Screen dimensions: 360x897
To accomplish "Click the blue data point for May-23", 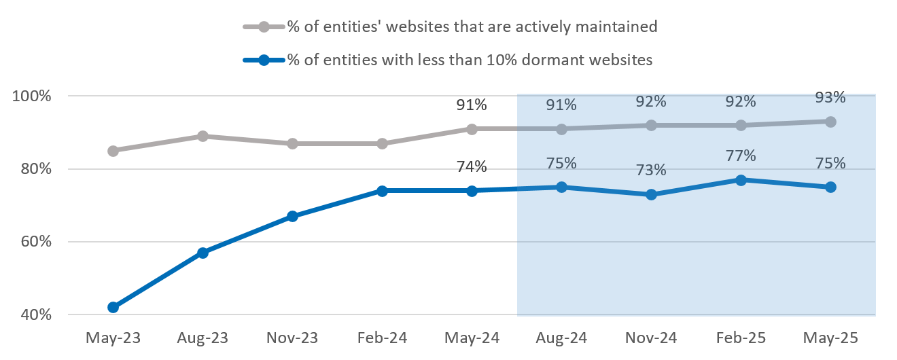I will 113,307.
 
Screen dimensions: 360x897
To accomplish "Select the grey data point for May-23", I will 113,151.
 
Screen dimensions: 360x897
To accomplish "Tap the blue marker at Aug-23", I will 203,253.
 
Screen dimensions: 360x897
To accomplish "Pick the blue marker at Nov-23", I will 292,216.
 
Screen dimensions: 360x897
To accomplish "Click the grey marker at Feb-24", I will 382,143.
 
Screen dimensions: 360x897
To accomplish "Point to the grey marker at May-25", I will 830,122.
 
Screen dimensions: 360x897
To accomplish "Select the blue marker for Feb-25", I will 741,180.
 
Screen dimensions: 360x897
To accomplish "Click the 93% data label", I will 830,98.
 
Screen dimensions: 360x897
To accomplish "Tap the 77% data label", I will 741,156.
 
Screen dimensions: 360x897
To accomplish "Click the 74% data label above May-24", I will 472,167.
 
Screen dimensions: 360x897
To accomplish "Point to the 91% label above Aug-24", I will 561,105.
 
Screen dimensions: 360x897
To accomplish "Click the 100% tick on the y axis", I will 32,96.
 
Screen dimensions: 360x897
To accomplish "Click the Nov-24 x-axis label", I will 651,338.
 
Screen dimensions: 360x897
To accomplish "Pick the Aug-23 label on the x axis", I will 203,338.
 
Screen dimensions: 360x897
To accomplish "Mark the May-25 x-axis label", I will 830,338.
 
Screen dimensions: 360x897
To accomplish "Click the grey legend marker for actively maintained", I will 264,27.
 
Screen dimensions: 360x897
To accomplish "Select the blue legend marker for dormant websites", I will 264,60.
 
